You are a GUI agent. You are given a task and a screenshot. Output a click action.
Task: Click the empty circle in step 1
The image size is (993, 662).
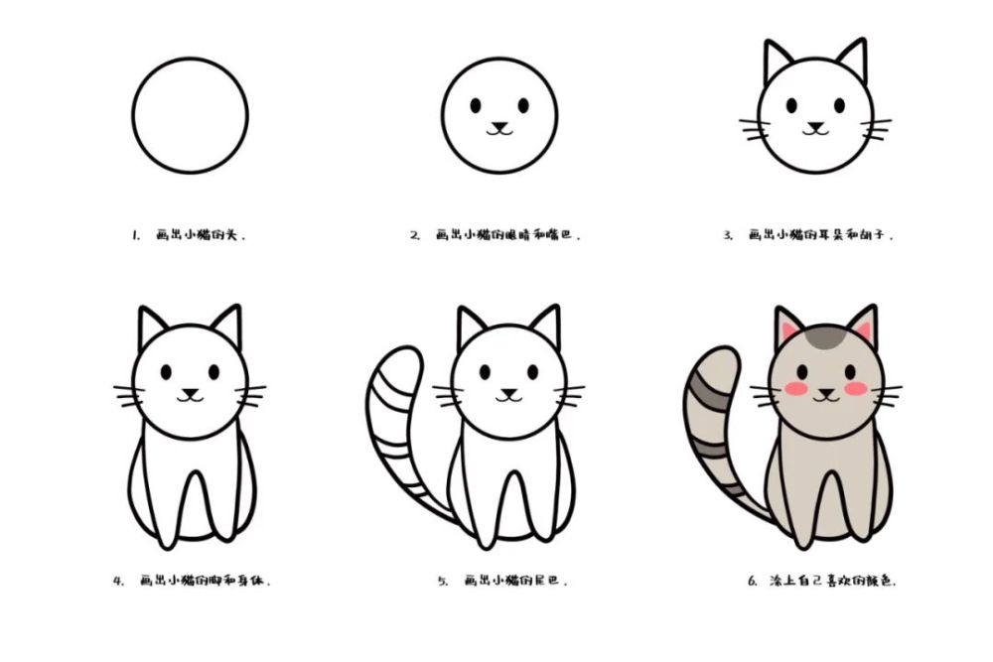(190, 115)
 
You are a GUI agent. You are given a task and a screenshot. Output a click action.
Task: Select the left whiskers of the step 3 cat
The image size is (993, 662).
(754, 129)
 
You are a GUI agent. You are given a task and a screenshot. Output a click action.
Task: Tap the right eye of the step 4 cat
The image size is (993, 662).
(213, 372)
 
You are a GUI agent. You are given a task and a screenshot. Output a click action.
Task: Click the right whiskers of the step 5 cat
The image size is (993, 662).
(570, 397)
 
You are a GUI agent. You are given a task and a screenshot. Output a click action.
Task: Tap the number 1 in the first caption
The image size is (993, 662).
(134, 236)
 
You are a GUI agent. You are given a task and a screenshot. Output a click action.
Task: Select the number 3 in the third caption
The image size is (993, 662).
(728, 236)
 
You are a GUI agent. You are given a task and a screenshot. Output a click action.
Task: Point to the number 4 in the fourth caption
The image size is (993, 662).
(117, 581)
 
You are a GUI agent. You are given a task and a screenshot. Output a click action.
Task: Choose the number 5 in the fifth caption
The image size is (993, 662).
(443, 581)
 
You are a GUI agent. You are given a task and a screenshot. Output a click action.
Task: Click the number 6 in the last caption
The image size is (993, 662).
(753, 581)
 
